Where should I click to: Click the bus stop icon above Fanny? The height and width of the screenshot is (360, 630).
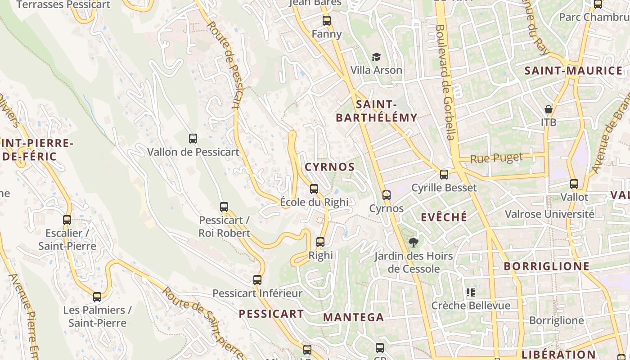tap(327, 20)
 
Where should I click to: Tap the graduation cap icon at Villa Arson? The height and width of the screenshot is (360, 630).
tap(376, 57)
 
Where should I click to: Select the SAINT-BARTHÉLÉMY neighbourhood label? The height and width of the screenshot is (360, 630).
tap(377, 111)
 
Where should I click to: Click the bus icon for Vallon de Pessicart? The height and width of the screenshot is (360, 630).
tap(193, 139)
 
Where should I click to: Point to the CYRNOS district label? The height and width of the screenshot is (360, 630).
tap(330, 167)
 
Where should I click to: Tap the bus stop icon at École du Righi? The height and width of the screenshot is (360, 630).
tap(314, 189)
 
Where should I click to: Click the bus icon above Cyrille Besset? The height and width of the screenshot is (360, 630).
tap(444, 175)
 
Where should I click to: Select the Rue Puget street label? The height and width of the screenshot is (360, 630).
tap(497, 158)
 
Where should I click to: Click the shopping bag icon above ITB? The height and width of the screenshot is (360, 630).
tap(549, 109)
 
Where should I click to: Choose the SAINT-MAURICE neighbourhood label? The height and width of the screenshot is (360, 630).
tap(573, 71)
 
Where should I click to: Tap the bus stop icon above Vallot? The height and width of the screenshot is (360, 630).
tap(574, 184)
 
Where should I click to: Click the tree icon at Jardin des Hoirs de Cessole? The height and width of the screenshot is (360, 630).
tap(413, 243)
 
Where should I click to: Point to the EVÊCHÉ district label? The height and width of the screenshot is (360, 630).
tap(444, 217)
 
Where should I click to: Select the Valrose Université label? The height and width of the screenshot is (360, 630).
tap(549, 214)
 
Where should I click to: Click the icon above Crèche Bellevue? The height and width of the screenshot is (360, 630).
tap(471, 292)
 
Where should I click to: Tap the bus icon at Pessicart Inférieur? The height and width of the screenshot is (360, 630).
tap(257, 280)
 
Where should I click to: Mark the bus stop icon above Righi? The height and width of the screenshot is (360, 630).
tap(320, 242)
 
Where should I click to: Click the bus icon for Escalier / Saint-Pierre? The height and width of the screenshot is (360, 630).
tap(67, 220)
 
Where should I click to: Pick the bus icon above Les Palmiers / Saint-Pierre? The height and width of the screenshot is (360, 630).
tap(97, 297)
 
